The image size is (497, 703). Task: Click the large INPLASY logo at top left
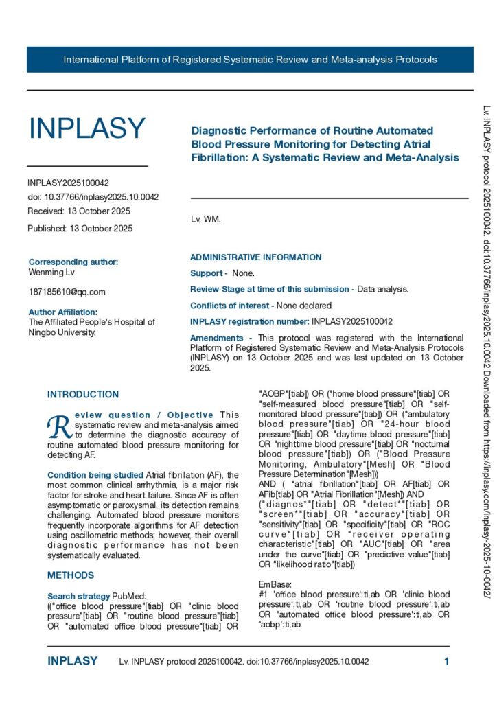tap(86, 128)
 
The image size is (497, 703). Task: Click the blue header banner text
tap(250, 60)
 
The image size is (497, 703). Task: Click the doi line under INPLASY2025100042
tap(93, 197)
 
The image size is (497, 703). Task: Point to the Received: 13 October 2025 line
tap(79, 211)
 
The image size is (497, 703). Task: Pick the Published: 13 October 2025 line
tap(80, 228)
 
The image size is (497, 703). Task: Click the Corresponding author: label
tap(73, 262)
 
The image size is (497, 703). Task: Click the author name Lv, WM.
tap(205, 220)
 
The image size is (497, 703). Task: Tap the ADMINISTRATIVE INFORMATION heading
tap(255, 257)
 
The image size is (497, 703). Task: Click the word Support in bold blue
tap(206, 273)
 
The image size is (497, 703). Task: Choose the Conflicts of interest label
tap(229, 306)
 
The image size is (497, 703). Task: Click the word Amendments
tap(216, 338)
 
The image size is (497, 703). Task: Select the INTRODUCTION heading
tap(83, 395)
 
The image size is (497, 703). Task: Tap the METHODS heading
tap(71, 575)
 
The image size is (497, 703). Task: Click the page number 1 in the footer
tap(446, 661)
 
